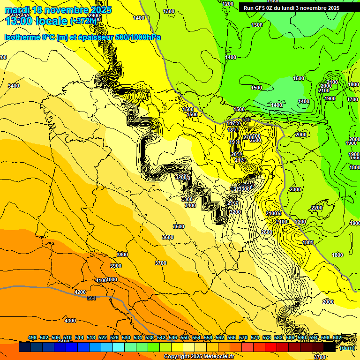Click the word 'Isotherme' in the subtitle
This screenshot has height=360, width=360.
(x=22, y=37)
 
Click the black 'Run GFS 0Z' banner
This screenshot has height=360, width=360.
(x=295, y=8)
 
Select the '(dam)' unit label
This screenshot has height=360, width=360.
(x=346, y=348)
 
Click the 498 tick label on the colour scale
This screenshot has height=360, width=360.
(x=32, y=337)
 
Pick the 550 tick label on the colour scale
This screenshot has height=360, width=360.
(x=185, y=337)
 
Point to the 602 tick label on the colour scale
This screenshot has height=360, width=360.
(x=337, y=337)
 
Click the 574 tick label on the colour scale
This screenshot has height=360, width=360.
(x=255, y=337)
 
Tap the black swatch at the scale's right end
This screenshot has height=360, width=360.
(x=330, y=347)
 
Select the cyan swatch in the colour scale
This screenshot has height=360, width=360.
(x=119, y=347)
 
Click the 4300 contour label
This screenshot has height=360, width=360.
(x=70, y=321)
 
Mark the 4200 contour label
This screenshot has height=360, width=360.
(x=80, y=292)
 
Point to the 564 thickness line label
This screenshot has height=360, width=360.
(x=91, y=298)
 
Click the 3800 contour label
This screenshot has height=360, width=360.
(x=122, y=255)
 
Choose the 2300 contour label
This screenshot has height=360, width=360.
(x=295, y=189)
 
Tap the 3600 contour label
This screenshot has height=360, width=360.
(x=168, y=237)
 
